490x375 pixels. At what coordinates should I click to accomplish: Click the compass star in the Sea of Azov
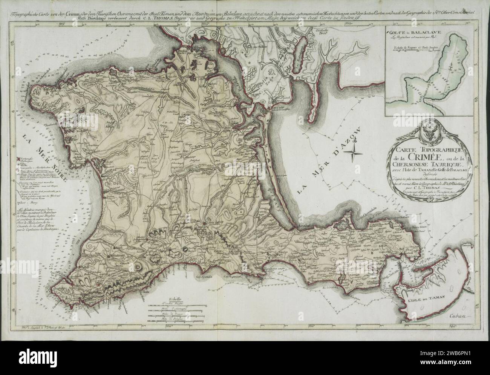click(354, 152)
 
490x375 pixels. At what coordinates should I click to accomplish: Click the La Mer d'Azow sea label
click(329, 161)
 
